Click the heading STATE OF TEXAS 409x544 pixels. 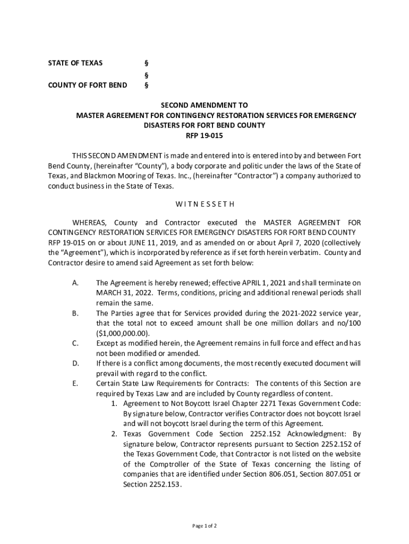click(75, 63)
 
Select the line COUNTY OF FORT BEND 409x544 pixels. click(88, 85)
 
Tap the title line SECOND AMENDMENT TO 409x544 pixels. click(204, 106)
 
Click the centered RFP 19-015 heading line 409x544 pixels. click(204, 135)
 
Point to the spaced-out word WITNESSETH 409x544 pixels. click(204, 204)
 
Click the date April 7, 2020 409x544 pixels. click(276, 243)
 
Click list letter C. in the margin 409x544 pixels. click(75, 343)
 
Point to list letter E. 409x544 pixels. click(75, 384)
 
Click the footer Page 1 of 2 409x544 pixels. click(204, 526)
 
